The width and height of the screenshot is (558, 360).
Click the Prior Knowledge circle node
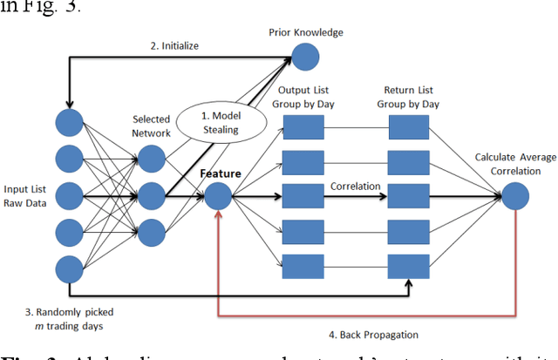(x=305, y=58)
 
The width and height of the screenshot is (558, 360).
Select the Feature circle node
(x=218, y=195)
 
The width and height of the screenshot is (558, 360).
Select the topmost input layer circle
(x=70, y=122)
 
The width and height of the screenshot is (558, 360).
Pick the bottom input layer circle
(x=70, y=268)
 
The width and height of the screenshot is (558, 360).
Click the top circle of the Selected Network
(x=151, y=158)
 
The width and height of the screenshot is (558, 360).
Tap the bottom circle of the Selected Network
(x=151, y=231)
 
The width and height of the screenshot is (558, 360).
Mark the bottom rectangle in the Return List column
(x=409, y=263)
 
